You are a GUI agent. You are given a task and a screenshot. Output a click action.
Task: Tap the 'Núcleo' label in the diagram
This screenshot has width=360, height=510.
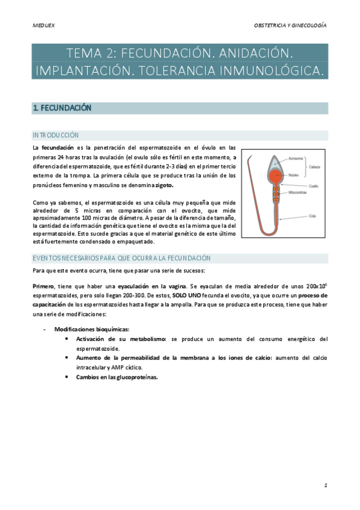pyautogui.click(x=294, y=175)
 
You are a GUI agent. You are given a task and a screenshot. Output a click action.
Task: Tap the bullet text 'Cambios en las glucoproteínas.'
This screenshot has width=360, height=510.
pyautogui.click(x=117, y=377)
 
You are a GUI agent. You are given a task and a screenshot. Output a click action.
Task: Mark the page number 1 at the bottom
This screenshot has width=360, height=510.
pyautogui.click(x=325, y=484)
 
